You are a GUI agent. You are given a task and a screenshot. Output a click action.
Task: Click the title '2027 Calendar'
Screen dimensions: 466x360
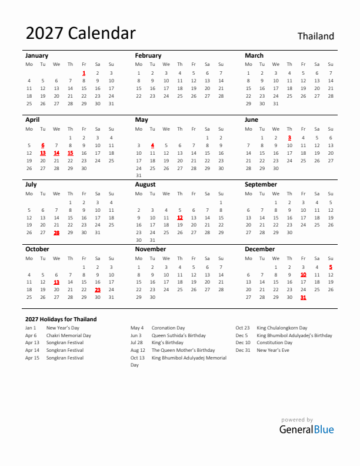point(81,34)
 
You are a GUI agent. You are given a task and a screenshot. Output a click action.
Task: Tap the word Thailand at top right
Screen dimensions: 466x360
point(315,36)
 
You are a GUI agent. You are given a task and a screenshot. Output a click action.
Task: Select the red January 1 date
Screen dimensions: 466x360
point(84,73)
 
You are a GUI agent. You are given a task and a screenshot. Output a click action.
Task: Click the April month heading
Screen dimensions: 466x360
point(32,119)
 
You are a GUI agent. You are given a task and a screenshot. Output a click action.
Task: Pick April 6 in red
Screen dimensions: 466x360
point(42,145)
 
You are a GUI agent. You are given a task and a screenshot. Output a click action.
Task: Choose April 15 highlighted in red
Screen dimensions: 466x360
point(70,153)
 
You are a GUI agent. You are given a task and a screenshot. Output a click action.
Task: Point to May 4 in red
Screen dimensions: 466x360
point(152,145)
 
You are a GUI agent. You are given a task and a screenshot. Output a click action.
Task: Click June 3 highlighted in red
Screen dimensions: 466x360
point(289,138)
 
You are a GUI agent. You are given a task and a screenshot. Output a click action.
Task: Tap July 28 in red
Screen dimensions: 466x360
point(56,232)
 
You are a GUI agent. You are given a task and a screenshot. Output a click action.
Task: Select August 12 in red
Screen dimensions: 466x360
point(180,218)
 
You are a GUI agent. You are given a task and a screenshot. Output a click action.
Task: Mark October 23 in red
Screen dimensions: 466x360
point(98,289)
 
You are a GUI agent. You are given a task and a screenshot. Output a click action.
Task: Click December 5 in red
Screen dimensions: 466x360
point(331,267)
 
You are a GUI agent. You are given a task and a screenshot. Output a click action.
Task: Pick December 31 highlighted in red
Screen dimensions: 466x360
point(303,297)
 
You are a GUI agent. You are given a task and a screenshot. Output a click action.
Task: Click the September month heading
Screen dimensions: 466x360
point(261,184)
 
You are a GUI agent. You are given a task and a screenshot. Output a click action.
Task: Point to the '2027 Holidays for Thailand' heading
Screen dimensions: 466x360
point(61,319)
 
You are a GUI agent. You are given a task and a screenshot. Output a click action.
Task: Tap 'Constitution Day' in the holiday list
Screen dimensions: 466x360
point(275,343)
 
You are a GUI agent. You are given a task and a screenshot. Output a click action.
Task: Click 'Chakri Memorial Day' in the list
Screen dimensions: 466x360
point(69,335)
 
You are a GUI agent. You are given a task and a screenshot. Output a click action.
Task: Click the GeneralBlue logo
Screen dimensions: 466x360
point(306,429)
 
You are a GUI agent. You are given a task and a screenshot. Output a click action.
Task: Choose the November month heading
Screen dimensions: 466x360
point(151,249)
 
